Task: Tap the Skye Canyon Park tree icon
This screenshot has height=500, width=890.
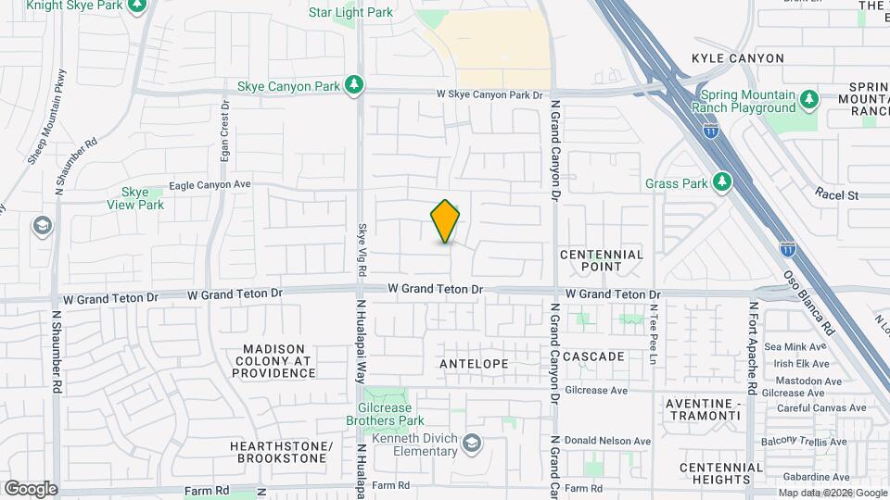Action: click(x=353, y=86)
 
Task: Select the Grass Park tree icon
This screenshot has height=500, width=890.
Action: click(x=723, y=182)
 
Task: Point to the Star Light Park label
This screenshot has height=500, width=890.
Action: click(x=350, y=12)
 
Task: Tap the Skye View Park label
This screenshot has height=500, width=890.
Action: click(x=135, y=198)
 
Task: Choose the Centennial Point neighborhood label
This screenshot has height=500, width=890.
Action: click(x=602, y=260)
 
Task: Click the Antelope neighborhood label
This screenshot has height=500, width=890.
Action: click(x=474, y=364)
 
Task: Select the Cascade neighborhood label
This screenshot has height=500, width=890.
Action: click(x=593, y=356)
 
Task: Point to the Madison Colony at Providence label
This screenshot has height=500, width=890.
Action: click(x=273, y=361)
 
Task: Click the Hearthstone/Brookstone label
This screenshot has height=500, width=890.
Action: click(x=281, y=452)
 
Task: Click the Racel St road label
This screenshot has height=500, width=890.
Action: click(x=838, y=194)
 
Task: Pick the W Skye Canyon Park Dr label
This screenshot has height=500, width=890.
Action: click(x=489, y=94)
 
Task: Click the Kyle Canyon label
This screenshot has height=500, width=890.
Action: click(x=738, y=58)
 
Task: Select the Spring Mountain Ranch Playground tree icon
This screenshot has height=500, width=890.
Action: click(x=809, y=98)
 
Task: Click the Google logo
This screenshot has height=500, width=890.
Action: click(x=31, y=489)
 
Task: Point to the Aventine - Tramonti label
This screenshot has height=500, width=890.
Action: click(x=703, y=409)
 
